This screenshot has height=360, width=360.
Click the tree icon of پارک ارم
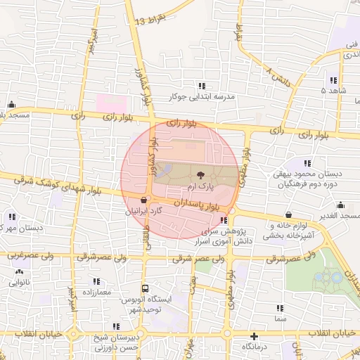click(200, 175)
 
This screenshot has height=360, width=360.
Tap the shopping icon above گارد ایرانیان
click(144, 200)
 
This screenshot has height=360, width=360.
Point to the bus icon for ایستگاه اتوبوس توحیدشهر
click(145, 288)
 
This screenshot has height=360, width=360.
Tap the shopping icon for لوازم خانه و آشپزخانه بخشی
click(289, 214)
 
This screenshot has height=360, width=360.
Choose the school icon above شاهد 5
click(333, 80)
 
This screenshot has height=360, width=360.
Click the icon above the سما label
click(280, 308)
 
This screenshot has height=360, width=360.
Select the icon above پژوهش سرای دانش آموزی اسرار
click(224, 220)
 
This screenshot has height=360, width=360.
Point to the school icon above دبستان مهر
click(12, 216)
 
